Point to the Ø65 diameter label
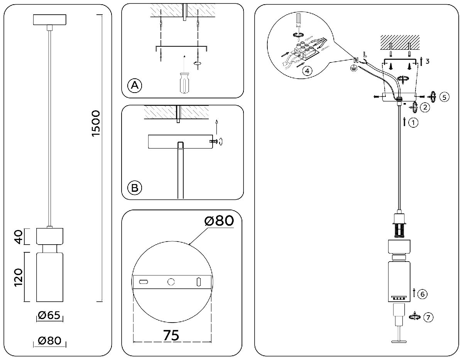(x=49, y=316)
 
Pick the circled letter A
(x=134, y=85)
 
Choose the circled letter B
(x=134, y=188)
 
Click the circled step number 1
(x=413, y=123)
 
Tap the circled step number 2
(x=425, y=107)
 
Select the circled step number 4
(x=306, y=71)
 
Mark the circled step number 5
(x=444, y=97)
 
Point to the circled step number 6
(x=422, y=294)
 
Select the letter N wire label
(x=356, y=60)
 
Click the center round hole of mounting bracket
(x=170, y=282)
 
